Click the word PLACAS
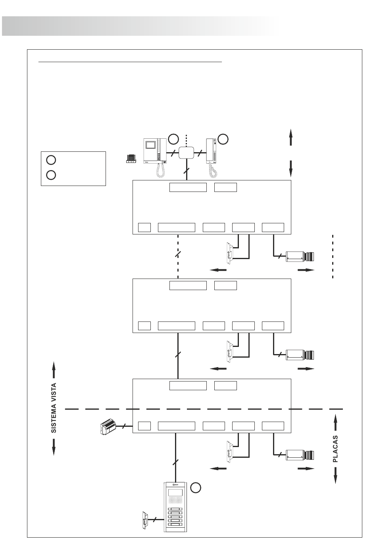(335, 449)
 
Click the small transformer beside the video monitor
(131, 159)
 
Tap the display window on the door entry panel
(175, 492)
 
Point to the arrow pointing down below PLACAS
(336, 475)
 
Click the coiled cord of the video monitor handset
(161, 170)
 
